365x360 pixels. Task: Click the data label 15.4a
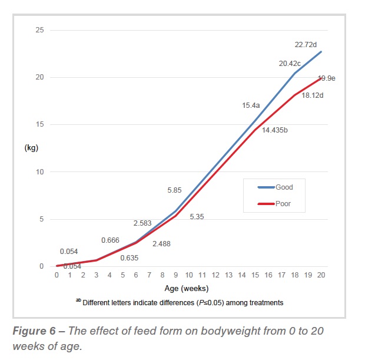(x=251, y=105)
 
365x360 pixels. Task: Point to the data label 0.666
(x=111, y=240)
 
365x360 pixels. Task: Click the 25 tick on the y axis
(x=40, y=30)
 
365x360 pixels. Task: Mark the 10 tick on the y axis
(x=40, y=172)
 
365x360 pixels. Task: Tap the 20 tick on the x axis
(x=321, y=275)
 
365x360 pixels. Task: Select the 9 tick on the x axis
(x=175, y=275)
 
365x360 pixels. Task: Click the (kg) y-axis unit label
(x=31, y=148)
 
